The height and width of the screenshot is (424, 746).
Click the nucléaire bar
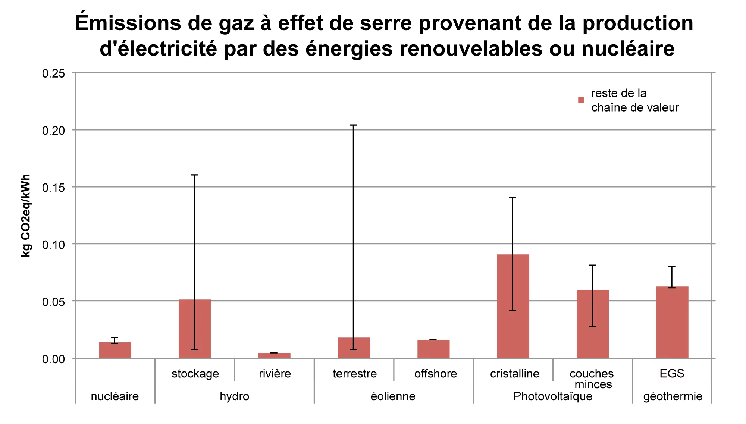tap(115, 350)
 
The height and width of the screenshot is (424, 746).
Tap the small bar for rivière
tap(274, 355)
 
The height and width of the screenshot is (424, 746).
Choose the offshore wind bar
tap(433, 349)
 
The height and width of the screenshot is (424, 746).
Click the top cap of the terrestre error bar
tap(354, 125)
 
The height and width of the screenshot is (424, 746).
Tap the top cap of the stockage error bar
tap(194, 175)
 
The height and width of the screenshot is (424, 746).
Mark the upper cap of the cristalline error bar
tap(513, 197)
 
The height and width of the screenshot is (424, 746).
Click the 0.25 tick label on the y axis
tap(53, 73)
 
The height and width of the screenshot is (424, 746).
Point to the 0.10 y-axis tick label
tap(53, 245)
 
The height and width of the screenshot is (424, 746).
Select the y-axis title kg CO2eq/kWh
tap(25, 216)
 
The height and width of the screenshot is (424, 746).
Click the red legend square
tap(581, 100)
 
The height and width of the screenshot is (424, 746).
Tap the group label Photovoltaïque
tap(553, 396)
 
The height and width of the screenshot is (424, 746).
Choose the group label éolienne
tap(393, 396)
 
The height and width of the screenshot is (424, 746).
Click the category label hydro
tap(234, 396)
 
